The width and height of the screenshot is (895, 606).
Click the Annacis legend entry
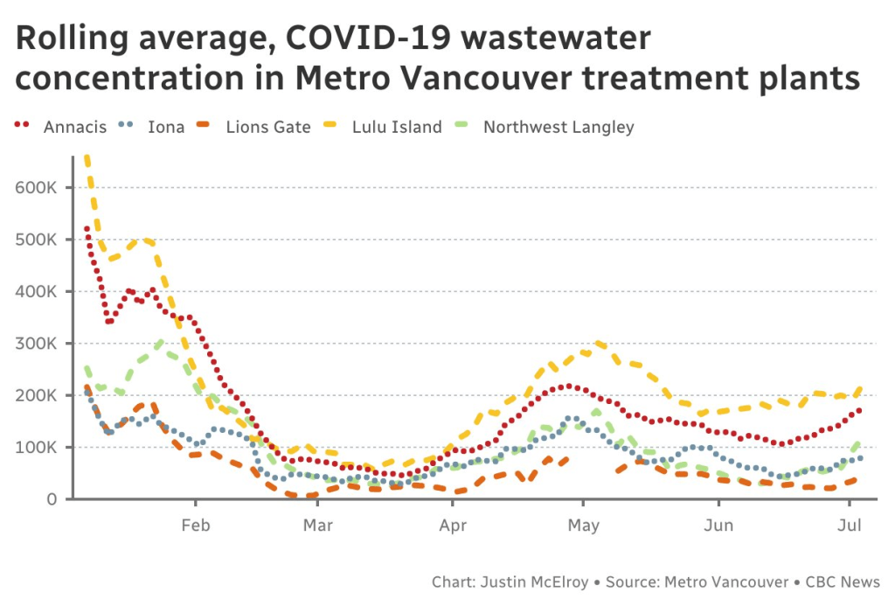click(74, 127)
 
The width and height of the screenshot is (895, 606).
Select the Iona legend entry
click(166, 127)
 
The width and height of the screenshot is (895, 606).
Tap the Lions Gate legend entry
click(267, 127)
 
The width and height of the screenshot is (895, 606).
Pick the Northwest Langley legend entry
click(559, 127)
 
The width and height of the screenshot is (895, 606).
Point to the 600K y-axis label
click(38, 187)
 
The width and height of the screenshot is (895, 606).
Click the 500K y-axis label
click(38, 240)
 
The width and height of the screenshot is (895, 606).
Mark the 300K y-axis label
click(38, 344)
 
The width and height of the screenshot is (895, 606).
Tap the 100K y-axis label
click(38, 448)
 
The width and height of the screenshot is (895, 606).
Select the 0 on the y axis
click(53, 499)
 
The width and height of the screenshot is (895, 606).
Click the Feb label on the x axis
click(195, 526)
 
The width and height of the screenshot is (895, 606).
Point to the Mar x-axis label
click(317, 526)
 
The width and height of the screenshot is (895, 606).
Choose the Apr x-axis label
click(453, 526)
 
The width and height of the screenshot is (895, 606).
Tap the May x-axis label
click(583, 526)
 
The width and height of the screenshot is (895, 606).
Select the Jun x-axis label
click(718, 526)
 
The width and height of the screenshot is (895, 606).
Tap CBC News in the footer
click(843, 582)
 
